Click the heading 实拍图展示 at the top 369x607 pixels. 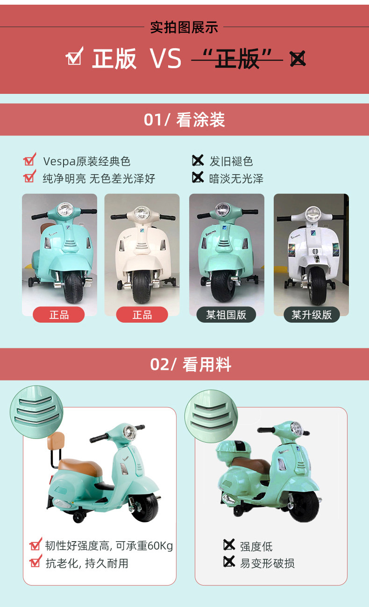coord(184,28)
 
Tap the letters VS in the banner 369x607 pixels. coord(166,58)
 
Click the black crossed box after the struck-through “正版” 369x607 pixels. coord(298,58)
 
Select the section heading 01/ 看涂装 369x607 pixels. coord(184,120)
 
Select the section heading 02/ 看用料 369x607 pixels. coord(191,364)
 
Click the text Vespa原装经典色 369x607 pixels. coord(87,162)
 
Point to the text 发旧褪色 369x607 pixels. coord(231,162)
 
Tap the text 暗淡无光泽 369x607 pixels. coord(236,179)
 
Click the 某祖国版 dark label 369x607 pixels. coord(226,315)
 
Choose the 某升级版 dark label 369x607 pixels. coord(312,315)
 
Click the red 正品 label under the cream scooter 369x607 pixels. coord(142,315)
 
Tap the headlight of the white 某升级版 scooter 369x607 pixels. coord(313,213)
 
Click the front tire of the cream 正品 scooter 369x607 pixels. coord(142,287)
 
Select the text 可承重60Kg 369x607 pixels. coord(144,546)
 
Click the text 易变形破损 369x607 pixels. coord(267,563)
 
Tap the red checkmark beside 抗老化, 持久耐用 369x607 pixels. coord(36,561)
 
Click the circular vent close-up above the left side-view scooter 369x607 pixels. coord(36,412)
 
